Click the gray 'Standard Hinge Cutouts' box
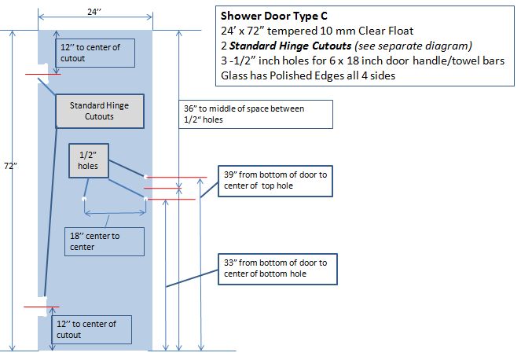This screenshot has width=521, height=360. [98, 111]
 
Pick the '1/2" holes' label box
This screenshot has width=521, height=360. [88, 161]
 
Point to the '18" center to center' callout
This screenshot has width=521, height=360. [105, 241]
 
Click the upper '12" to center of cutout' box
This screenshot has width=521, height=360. [95, 53]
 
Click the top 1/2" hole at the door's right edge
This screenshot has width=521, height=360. [146, 177]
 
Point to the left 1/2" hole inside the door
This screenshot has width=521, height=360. [84, 199]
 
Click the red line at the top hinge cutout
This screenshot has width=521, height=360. [39, 75]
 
